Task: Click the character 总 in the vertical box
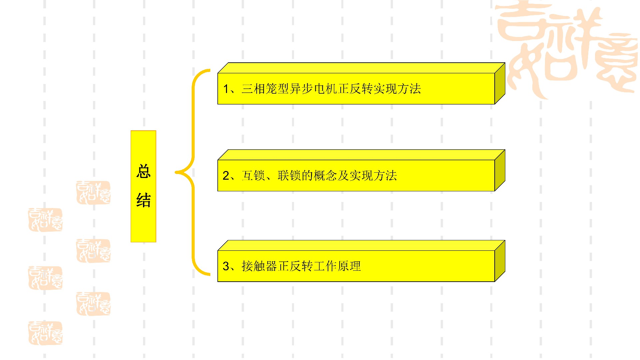click(x=143, y=172)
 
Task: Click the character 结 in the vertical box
click(x=143, y=200)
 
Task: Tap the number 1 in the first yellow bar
click(x=226, y=89)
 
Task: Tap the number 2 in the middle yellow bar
click(x=226, y=176)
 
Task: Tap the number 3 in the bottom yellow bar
click(x=226, y=266)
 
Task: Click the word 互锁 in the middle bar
click(x=253, y=176)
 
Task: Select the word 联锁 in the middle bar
click(x=289, y=176)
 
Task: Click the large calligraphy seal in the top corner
click(x=567, y=47)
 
